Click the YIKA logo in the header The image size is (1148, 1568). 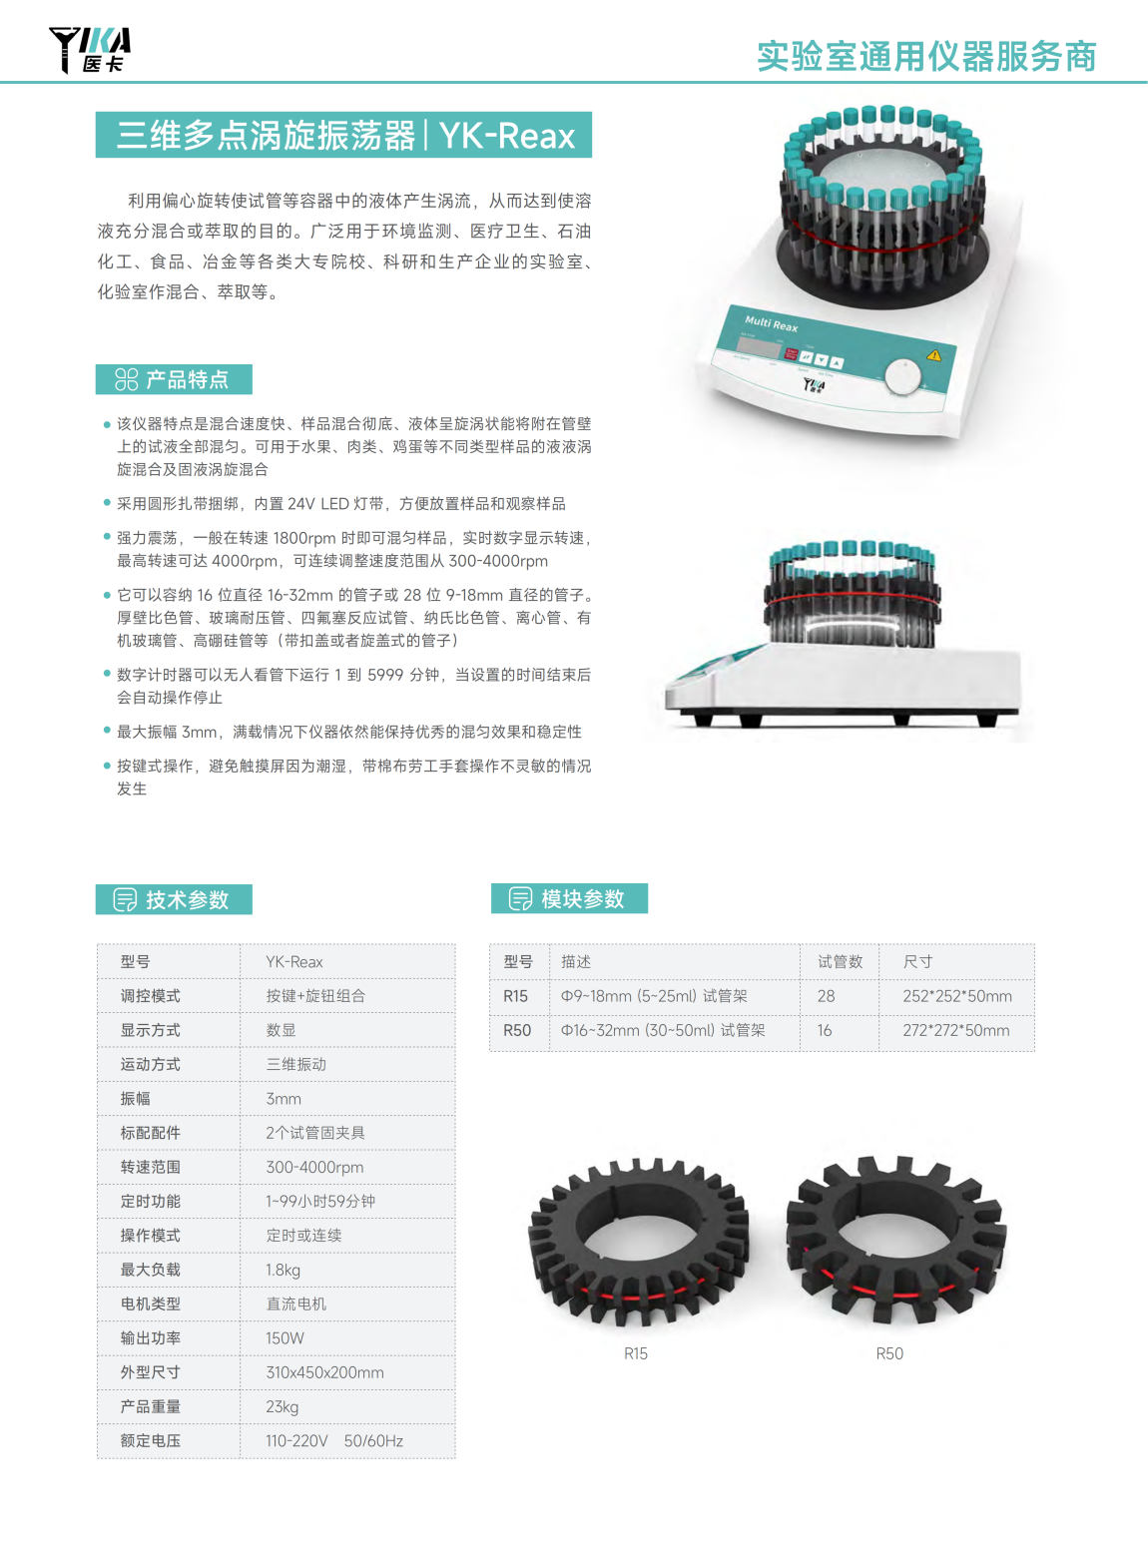coord(90,50)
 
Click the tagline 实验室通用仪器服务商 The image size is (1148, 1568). coord(926,56)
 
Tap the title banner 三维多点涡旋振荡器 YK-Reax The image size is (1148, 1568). coord(343,135)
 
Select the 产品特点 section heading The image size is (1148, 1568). coord(174,379)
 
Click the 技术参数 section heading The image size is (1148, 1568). coord(174,899)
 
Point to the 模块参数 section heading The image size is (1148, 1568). coord(569,899)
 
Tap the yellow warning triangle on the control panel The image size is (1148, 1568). coord(933,355)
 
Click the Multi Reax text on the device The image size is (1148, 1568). coord(771,323)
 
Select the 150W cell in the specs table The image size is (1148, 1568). coord(285,1338)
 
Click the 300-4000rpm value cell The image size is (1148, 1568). coord(314,1167)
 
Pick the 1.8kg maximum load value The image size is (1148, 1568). coord(283,1270)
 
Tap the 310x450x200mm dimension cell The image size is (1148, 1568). coord(324,1372)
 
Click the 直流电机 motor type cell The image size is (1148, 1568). coord(296,1305)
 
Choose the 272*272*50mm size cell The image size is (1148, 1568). coord(956,1030)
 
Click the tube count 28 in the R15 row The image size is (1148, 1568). coord(826,996)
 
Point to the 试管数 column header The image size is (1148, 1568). coord(840,962)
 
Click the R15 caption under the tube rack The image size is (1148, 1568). coord(636,1353)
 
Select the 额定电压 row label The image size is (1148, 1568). coord(151,1441)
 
